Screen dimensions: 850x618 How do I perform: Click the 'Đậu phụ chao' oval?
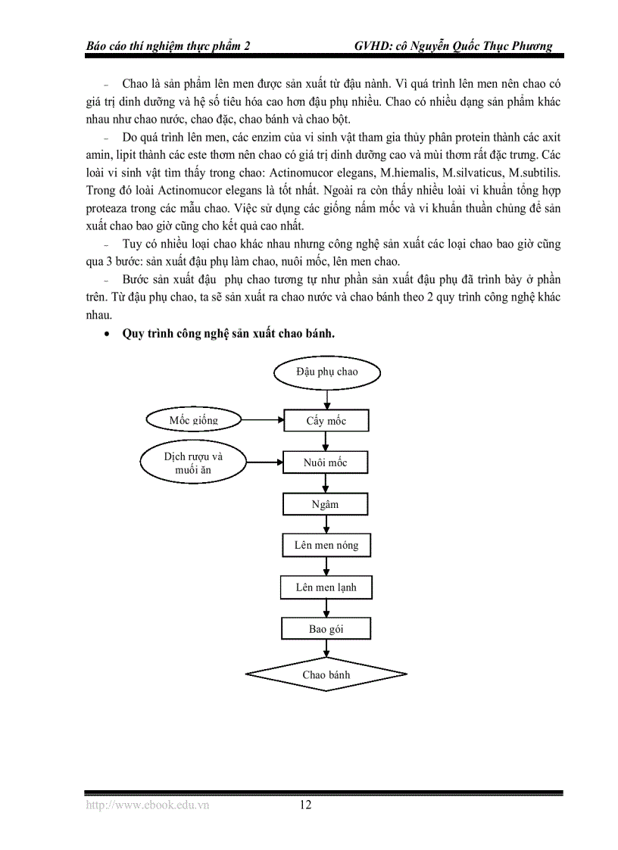(x=327, y=372)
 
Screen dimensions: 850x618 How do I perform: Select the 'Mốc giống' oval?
(x=194, y=419)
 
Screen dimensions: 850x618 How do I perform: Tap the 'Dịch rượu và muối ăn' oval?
(x=193, y=462)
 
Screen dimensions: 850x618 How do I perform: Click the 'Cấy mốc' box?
(x=326, y=420)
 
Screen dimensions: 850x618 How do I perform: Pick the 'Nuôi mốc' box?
(x=326, y=462)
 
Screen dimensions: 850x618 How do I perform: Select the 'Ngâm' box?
(x=325, y=504)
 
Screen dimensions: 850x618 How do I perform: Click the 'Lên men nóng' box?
(x=326, y=545)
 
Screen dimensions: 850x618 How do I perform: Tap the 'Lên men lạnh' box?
(x=326, y=587)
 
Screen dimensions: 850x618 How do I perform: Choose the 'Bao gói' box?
(x=326, y=628)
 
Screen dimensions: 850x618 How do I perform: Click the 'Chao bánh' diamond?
(x=326, y=674)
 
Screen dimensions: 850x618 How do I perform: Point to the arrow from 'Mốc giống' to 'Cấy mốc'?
(x=262, y=419)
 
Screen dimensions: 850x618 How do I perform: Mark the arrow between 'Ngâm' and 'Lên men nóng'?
(x=326, y=525)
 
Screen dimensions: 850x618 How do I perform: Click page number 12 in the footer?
(x=305, y=805)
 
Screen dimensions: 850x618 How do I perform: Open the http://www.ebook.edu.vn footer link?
(x=147, y=805)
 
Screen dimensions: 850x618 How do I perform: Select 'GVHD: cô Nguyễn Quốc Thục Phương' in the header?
(x=453, y=45)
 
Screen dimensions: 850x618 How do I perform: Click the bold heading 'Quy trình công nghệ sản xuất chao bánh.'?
(x=228, y=334)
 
